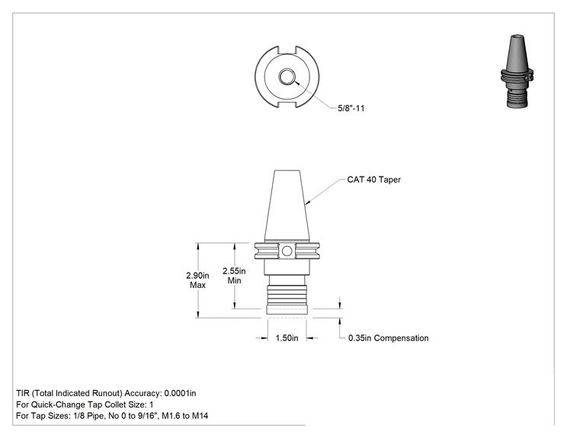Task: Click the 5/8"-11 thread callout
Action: pyautogui.click(x=351, y=108)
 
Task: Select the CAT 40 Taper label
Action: pyautogui.click(x=374, y=180)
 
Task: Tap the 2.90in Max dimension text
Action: pyautogui.click(x=197, y=280)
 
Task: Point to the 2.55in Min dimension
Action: pyautogui.click(x=234, y=276)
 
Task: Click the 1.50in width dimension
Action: pyautogui.click(x=287, y=338)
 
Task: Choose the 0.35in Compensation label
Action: pyautogui.click(x=389, y=338)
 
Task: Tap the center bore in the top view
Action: pyautogui.click(x=287, y=77)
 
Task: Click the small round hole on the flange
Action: pyautogui.click(x=287, y=251)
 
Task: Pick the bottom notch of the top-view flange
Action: pyautogui.click(x=287, y=104)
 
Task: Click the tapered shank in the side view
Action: pyautogui.click(x=287, y=206)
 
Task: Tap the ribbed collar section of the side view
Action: pyautogui.click(x=287, y=295)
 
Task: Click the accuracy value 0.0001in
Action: pyautogui.click(x=180, y=393)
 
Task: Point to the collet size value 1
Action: pyautogui.click(x=151, y=404)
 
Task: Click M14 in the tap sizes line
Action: pyautogui.click(x=200, y=416)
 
